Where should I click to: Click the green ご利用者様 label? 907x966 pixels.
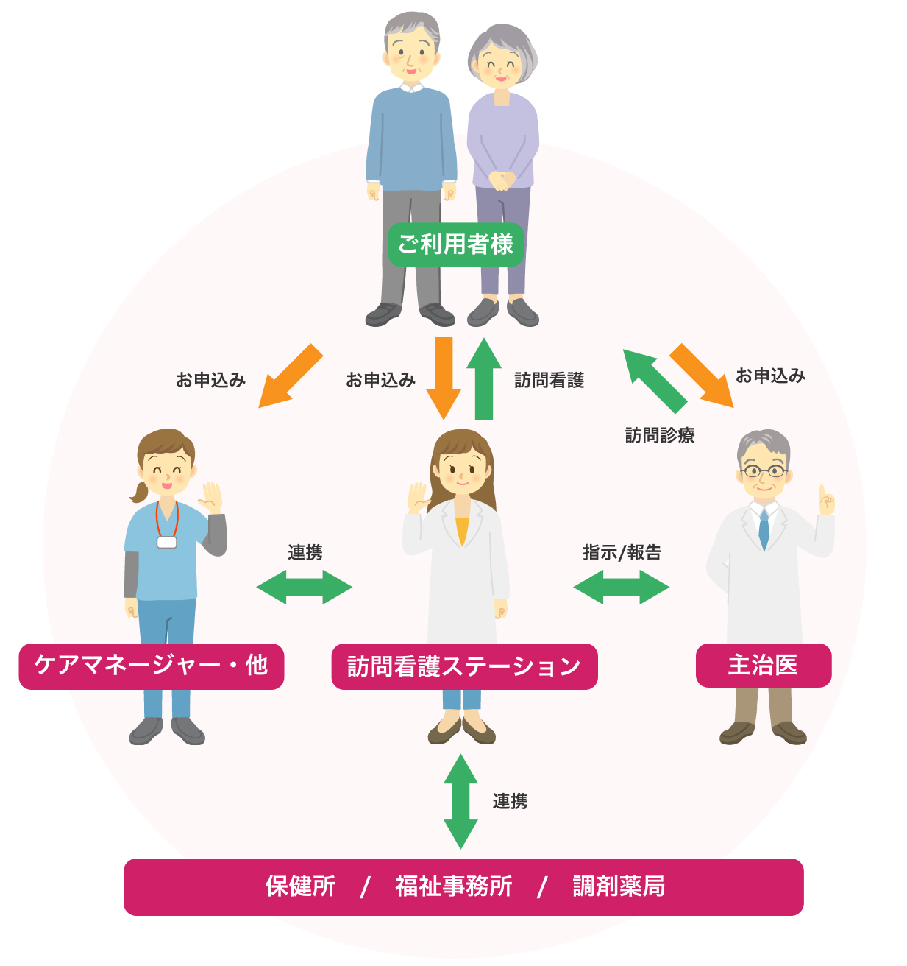click(x=455, y=244)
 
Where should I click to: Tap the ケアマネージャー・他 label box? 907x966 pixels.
click(x=151, y=666)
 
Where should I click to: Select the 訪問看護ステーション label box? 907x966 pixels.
click(x=464, y=667)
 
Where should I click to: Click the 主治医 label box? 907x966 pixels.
click(x=763, y=666)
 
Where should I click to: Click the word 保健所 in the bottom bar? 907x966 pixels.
click(x=300, y=886)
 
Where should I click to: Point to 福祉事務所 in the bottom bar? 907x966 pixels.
click(x=453, y=886)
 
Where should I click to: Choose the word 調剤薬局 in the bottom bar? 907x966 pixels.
click(x=619, y=886)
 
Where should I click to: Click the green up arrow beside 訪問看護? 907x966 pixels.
click(x=483, y=378)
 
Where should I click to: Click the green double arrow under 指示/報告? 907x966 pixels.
click(x=621, y=588)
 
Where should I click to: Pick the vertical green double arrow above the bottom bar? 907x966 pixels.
click(x=460, y=801)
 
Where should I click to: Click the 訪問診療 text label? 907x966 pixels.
click(x=660, y=436)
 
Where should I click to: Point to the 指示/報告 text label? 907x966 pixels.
click(x=622, y=552)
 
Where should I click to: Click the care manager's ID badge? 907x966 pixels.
click(x=167, y=542)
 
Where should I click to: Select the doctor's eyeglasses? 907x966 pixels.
click(x=764, y=470)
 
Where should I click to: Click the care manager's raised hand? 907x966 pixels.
click(x=210, y=497)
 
